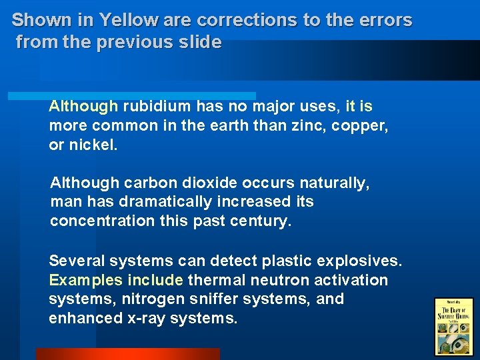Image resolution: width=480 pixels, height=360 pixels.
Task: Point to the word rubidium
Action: click(155, 107)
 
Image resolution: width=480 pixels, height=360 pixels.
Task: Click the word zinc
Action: click(314, 125)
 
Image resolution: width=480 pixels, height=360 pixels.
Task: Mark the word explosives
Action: click(363, 261)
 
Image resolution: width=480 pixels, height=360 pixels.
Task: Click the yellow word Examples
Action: click(83, 280)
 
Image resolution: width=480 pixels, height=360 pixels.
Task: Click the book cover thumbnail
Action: click(453, 326)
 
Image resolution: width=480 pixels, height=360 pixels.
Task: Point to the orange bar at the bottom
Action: click(127, 354)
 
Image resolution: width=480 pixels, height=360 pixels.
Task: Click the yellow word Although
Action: click(83, 107)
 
